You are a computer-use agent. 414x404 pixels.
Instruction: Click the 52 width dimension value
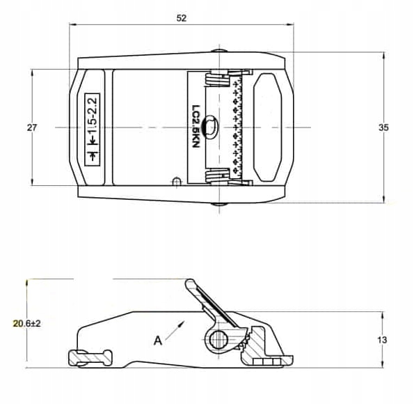pyautogui.click(x=182, y=18)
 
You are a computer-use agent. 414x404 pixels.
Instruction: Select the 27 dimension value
pyautogui.click(x=32, y=127)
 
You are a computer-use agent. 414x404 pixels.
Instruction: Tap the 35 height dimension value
pyautogui.click(x=383, y=127)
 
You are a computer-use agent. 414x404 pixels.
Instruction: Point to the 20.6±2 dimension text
pyautogui.click(x=26, y=323)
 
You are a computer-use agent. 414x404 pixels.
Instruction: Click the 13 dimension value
pyautogui.click(x=382, y=340)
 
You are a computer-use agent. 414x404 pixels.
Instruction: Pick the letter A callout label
pyautogui.click(x=158, y=341)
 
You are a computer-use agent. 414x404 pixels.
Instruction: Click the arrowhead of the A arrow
pyautogui.click(x=182, y=324)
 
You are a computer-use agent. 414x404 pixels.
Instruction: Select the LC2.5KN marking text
pyautogui.click(x=196, y=127)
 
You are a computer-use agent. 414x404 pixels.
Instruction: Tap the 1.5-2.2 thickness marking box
pyautogui.click(x=92, y=130)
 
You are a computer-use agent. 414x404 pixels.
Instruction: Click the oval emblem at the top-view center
pyautogui.click(x=209, y=127)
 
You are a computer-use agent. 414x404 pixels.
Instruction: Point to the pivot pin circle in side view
pyautogui.click(x=219, y=339)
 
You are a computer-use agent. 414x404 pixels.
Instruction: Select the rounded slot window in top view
pyautogui.click(x=267, y=127)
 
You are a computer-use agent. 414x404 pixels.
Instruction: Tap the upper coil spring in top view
pyautogui.click(x=216, y=79)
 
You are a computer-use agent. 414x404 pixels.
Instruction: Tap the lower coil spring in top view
pyautogui.click(x=216, y=176)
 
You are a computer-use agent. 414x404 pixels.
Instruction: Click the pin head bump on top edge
pyautogui.click(x=219, y=51)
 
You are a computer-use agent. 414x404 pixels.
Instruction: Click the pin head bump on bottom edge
pyautogui.click(x=219, y=204)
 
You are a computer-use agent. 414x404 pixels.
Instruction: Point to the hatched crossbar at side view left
pyautogui.click(x=90, y=358)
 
